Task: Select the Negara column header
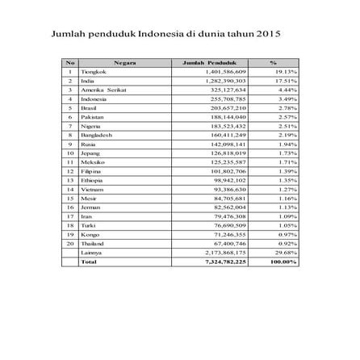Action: point(125,62)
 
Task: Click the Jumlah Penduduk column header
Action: point(205,62)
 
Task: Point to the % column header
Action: point(273,62)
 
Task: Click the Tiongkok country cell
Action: point(92,71)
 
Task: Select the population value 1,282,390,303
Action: point(226,81)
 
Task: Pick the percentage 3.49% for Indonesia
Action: point(288,98)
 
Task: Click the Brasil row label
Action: point(89,107)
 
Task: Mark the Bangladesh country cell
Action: point(94,135)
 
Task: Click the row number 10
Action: point(70,153)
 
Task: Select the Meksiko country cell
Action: point(91,162)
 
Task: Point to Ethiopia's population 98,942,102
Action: point(229,180)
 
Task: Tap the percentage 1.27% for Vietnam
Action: point(288,189)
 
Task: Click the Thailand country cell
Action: point(92,243)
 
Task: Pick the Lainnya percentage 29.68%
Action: point(287,252)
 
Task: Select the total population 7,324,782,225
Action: point(225,262)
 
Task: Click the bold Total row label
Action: point(89,262)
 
